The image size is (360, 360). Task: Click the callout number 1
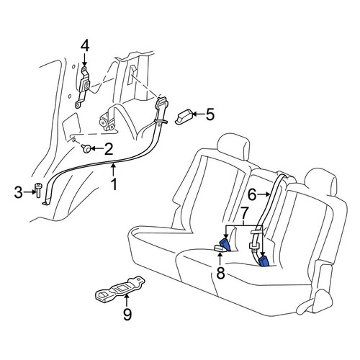[x=114, y=184]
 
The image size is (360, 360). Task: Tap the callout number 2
[x=108, y=149]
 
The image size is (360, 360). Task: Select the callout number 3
[x=19, y=192]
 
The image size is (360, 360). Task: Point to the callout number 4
[x=85, y=46]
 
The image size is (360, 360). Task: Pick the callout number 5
[x=210, y=114]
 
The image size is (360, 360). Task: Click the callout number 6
[x=252, y=194]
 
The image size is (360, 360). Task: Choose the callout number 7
[x=243, y=213]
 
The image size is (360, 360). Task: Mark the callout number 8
[x=220, y=273]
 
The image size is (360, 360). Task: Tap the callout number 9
[x=127, y=314]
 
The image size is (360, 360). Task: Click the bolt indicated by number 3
[x=38, y=190]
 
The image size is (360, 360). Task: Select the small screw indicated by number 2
[x=86, y=148]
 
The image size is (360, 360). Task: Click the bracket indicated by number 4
[x=83, y=87]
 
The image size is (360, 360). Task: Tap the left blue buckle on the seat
[x=225, y=245]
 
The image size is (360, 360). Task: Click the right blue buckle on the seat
[x=264, y=261]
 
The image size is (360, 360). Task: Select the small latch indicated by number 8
[x=220, y=248]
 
